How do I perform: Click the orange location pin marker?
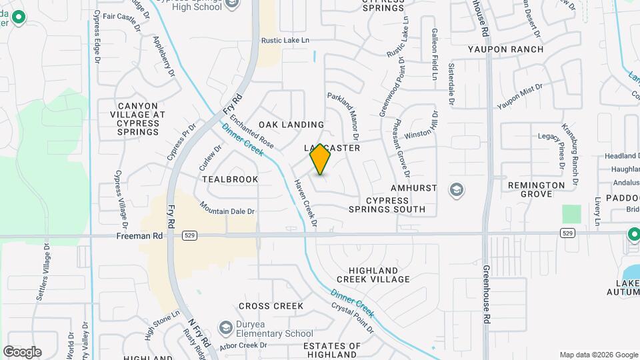320,159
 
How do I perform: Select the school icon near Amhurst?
457,190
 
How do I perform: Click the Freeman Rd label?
139,236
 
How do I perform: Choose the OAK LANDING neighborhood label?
291,125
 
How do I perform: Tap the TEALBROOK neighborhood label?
230,179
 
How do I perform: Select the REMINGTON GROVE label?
536,189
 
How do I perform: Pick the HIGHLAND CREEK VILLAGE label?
373,274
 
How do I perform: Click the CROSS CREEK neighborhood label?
271,306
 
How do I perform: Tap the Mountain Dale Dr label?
227,211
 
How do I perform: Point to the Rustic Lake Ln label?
286,40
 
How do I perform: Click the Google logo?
22,351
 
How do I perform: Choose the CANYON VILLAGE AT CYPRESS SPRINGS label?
137,119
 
